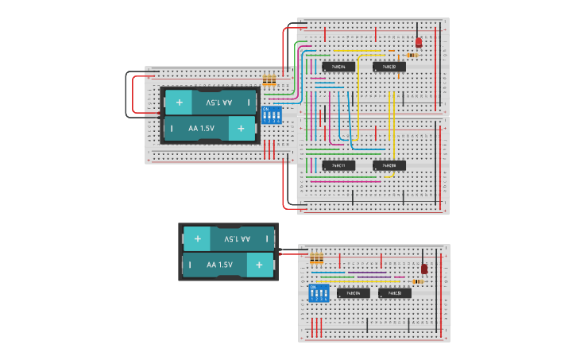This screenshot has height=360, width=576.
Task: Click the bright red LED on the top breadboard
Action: tap(419, 42)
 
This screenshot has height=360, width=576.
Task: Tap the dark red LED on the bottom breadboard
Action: tap(423, 269)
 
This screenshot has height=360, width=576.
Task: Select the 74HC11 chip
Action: tap(338, 165)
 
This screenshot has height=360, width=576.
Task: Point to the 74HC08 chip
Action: tap(389, 165)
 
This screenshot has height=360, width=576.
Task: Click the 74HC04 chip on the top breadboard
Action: tap(338, 67)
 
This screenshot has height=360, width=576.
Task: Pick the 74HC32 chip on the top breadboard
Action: tap(389, 67)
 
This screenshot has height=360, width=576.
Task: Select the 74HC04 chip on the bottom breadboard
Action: tap(353, 293)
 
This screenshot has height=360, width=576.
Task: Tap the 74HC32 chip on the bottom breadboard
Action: tap(394, 293)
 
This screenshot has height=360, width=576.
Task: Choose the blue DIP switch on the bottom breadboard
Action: tap(319, 292)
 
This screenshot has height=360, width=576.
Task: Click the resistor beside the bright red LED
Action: tap(412, 55)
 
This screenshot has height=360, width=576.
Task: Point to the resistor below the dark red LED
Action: tap(418, 281)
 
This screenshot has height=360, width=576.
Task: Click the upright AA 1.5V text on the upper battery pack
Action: tap(201, 128)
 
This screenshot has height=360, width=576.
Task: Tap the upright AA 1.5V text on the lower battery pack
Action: tap(220, 265)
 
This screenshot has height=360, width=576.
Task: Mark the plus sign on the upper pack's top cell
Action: tap(180, 102)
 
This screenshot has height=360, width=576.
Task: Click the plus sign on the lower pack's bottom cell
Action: tap(258, 265)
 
